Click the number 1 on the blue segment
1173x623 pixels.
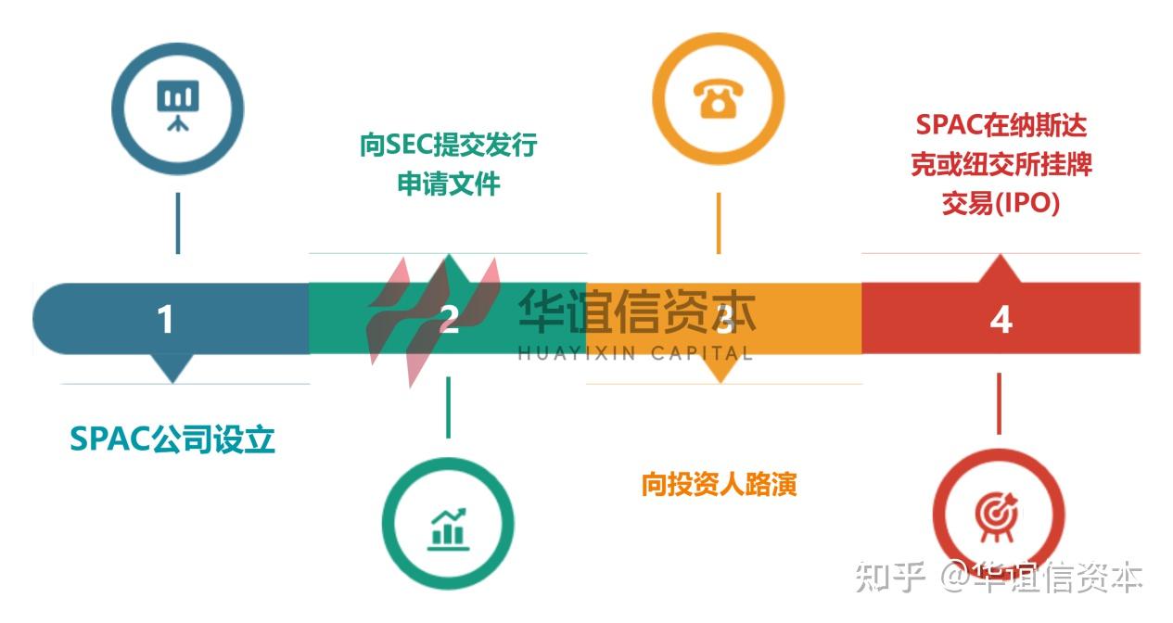coord(165,320)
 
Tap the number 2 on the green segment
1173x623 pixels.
coord(449,320)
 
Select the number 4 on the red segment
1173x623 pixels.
coord(1001,320)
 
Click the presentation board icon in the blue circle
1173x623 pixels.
coord(177,104)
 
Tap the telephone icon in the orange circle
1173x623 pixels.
coord(718,98)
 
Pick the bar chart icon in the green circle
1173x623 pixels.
coord(448,526)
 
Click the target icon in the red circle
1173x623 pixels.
coord(997,512)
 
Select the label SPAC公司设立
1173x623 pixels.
coord(172,439)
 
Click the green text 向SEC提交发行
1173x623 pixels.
coord(448,146)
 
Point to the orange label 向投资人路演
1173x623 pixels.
coord(719,484)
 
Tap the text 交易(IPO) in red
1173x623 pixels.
coord(1001,204)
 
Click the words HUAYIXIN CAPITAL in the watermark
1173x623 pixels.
coord(635,353)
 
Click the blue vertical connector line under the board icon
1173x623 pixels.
coord(177,222)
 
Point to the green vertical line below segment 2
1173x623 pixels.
coord(448,406)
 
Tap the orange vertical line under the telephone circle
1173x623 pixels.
coord(719,222)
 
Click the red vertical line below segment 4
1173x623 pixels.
coord(999,402)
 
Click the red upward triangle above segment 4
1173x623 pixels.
coord(1001,268)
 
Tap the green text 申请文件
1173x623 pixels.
coord(449,184)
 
